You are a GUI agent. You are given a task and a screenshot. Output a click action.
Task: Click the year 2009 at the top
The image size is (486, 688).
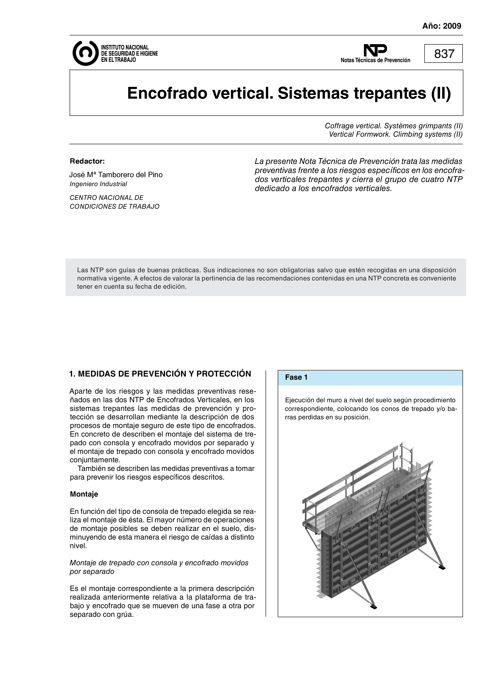click(452, 26)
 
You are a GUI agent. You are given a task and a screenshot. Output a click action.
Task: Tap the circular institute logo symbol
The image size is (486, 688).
click(85, 53)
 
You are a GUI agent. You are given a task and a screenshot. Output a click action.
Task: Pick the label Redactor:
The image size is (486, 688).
click(87, 161)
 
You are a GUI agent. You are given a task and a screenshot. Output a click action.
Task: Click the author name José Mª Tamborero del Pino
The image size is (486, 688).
click(116, 175)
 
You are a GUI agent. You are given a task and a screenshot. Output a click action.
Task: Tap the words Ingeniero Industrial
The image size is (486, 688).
click(98, 184)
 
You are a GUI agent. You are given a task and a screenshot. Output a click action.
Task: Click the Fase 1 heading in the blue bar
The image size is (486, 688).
click(296, 377)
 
